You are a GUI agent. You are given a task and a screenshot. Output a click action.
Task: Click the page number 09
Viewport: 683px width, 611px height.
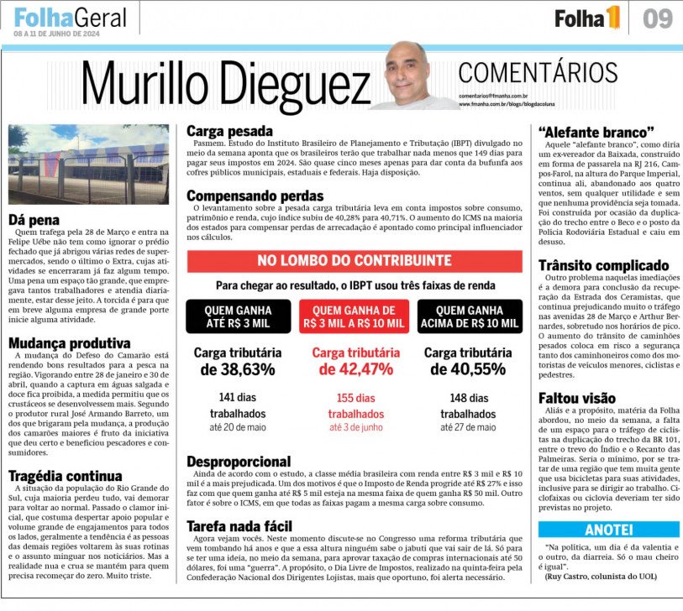coord(658,18)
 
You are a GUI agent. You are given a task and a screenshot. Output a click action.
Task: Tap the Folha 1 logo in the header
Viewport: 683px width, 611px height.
coord(587,18)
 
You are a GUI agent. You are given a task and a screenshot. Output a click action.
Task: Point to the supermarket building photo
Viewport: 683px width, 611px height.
coord(88,164)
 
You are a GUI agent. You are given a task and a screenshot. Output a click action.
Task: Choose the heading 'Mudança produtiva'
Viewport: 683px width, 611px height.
coord(70,343)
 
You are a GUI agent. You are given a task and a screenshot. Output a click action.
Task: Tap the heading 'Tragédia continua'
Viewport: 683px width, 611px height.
coord(66,476)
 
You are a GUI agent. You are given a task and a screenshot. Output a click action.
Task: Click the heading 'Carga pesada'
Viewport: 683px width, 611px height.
coord(229,131)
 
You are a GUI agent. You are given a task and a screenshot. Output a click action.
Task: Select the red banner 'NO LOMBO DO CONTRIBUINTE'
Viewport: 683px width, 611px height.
coord(354,261)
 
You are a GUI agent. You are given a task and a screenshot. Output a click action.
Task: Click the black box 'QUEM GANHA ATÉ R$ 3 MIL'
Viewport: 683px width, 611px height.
coord(238,316)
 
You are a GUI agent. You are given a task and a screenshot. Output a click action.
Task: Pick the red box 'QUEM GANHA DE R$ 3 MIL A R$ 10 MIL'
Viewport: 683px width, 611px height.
coord(354,316)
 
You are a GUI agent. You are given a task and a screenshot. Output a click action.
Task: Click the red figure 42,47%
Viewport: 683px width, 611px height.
coord(354,368)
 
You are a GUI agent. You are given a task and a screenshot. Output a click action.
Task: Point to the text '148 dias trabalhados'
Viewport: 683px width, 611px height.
coord(470,405)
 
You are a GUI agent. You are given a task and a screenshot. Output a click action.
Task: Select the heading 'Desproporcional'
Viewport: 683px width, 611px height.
coord(239,462)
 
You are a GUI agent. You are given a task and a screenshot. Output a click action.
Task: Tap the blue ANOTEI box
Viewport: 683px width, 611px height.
coord(608,530)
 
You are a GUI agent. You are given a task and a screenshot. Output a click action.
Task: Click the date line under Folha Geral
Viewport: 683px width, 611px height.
coord(56,34)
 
